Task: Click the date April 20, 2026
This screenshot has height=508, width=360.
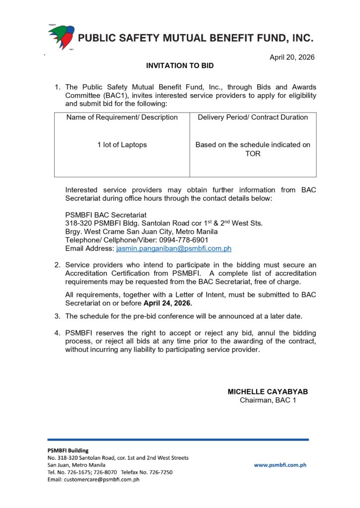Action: click(x=292, y=58)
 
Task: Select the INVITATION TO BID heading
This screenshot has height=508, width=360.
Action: click(x=180, y=65)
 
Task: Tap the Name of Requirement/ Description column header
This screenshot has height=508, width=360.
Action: click(x=122, y=118)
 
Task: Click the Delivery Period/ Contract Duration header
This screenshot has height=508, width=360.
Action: click(x=253, y=118)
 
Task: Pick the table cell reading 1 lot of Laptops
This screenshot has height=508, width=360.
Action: click(x=122, y=145)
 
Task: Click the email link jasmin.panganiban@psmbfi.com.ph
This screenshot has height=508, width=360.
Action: click(x=173, y=249)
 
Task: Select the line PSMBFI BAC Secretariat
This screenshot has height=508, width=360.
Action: click(x=106, y=215)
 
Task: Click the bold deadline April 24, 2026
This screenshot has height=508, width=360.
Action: click(x=167, y=303)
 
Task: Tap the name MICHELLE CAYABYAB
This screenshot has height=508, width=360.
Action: click(x=268, y=391)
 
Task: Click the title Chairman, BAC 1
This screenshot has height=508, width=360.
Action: click(x=268, y=400)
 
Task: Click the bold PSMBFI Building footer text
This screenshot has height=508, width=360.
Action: click(x=68, y=450)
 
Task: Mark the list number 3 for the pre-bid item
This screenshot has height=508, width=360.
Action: click(x=57, y=316)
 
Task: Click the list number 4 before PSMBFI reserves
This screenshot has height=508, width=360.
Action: click(x=57, y=333)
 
